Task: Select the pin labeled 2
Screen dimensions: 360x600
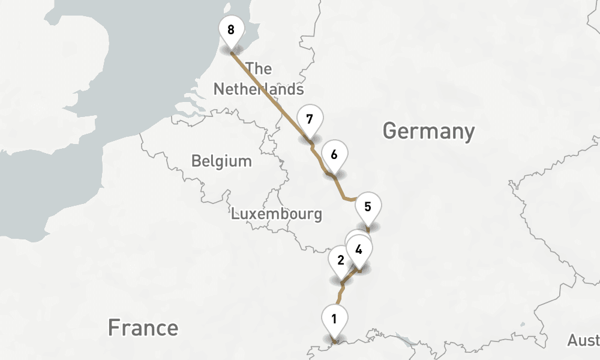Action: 340,260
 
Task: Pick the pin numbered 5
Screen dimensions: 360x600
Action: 368,208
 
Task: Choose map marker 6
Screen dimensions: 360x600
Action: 334,155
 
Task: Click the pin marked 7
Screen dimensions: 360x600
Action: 309,119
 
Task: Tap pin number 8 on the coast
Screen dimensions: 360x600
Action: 231,29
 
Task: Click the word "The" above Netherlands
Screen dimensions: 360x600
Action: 259,68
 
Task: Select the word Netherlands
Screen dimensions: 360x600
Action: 259,89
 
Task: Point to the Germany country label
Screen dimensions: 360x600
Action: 428,131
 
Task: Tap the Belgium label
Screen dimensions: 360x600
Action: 221,161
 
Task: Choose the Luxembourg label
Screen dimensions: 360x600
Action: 277,214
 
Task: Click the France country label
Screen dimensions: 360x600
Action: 143,328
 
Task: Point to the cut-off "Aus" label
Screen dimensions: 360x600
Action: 583,341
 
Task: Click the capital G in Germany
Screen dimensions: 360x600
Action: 391,131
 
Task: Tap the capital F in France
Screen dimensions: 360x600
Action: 114,328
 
